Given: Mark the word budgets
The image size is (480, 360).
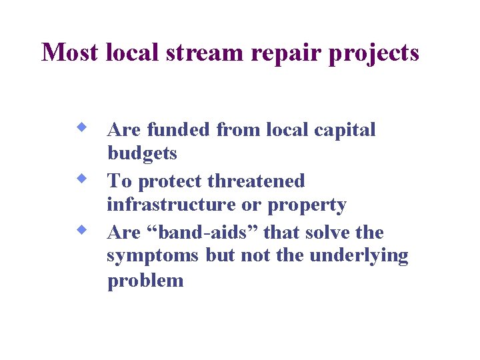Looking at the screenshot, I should (x=142, y=154).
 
